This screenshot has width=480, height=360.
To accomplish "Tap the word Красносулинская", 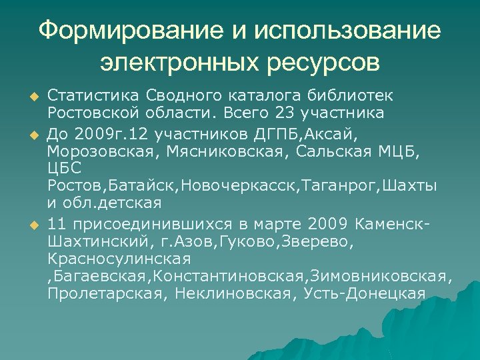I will click(119, 257).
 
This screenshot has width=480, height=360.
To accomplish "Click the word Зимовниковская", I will click(385, 275).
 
